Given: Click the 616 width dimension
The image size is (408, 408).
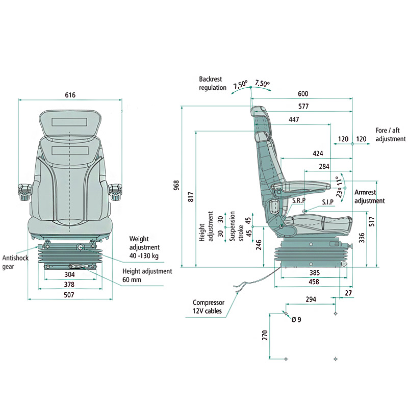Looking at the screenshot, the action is (70, 95).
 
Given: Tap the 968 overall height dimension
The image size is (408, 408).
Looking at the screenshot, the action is (176, 185).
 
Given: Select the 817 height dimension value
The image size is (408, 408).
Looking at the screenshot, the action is (191, 197).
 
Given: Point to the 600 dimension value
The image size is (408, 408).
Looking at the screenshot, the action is (303, 94).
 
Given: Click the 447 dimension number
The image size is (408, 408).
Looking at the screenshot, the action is (294, 119).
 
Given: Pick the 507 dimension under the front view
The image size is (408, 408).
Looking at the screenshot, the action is (69, 295).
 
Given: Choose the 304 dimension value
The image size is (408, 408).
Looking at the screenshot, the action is (69, 274).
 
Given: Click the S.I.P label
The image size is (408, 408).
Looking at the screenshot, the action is (328, 202).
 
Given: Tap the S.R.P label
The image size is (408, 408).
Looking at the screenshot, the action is (299, 200).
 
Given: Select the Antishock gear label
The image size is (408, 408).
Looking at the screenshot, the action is (15, 262).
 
